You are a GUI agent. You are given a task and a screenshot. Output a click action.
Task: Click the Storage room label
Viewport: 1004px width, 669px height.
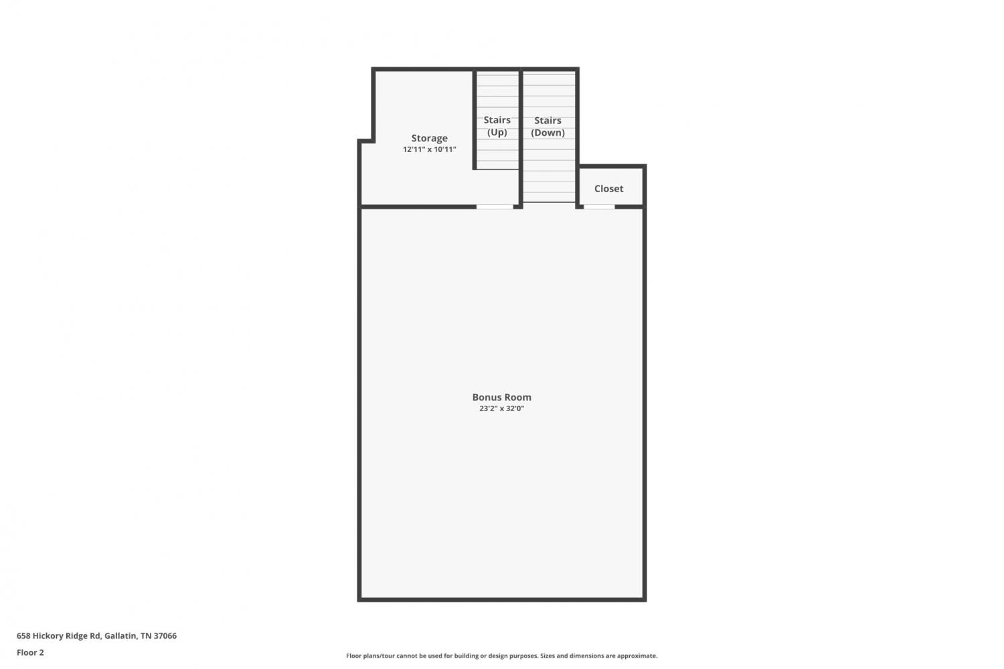pyautogui.click(x=430, y=138)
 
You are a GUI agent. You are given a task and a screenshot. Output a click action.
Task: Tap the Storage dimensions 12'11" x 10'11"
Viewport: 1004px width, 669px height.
pyautogui.click(x=430, y=149)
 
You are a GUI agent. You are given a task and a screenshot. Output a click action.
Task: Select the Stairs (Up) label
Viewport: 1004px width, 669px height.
pyautogui.click(x=497, y=126)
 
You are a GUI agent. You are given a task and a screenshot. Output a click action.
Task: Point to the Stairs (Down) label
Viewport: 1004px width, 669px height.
pyautogui.click(x=548, y=127)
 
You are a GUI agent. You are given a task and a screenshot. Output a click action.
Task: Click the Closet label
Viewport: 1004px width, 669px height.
pyautogui.click(x=608, y=189)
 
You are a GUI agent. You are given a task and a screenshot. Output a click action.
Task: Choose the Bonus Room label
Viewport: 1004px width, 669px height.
pyautogui.click(x=501, y=397)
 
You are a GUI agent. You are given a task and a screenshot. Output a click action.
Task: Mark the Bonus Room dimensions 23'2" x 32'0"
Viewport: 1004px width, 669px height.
pyautogui.click(x=501, y=408)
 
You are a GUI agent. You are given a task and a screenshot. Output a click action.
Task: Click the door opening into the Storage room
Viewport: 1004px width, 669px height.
pyautogui.click(x=495, y=207)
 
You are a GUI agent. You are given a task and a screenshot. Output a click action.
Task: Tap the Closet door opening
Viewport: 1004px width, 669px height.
pyautogui.click(x=599, y=207)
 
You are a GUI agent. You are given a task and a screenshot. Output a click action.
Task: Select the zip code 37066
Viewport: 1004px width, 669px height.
pyautogui.click(x=165, y=636)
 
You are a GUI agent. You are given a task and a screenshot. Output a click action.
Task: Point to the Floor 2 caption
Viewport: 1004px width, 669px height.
pyautogui.click(x=31, y=652)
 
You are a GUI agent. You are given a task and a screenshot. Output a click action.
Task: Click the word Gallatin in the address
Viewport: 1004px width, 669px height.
pyautogui.click(x=120, y=636)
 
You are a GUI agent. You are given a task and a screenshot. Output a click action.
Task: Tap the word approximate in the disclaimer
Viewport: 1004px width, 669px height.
pyautogui.click(x=637, y=656)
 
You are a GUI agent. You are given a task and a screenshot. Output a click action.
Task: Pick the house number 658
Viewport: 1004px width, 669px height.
pyautogui.click(x=23, y=636)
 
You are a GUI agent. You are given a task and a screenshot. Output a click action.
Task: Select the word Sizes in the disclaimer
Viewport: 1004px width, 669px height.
pyautogui.click(x=548, y=656)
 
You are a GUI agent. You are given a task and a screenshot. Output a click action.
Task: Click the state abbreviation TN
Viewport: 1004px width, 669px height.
pyautogui.click(x=146, y=636)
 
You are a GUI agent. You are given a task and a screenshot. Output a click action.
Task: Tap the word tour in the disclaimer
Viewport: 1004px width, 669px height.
pyautogui.click(x=389, y=656)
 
